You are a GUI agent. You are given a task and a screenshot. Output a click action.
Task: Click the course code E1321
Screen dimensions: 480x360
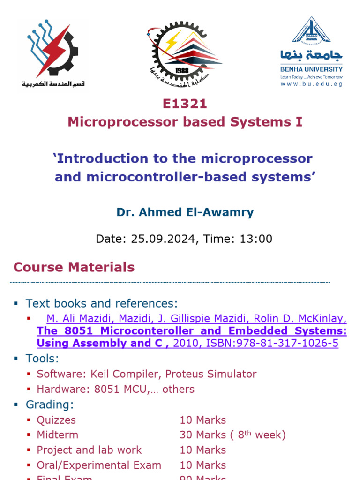185,104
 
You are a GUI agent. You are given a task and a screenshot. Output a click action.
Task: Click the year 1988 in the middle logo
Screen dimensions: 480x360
182,70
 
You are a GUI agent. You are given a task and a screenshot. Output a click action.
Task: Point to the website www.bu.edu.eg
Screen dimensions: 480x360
311,84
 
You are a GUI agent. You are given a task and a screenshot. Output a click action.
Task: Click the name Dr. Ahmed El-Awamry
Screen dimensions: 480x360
185,212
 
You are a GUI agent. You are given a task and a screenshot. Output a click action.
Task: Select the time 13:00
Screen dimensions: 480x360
256,239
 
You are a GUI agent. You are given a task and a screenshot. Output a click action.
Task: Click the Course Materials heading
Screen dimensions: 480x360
74,267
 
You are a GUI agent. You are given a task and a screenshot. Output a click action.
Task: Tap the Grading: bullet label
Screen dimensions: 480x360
49,405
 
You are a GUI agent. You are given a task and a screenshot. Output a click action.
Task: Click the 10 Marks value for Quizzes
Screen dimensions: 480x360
202,420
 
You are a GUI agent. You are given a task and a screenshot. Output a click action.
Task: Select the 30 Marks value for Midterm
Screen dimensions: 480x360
202,435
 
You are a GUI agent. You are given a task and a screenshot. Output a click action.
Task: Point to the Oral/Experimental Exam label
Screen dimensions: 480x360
99,465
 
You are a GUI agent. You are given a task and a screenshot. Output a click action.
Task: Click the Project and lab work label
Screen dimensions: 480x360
89,450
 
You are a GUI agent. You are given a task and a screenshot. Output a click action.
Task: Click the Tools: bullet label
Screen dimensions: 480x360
43,359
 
